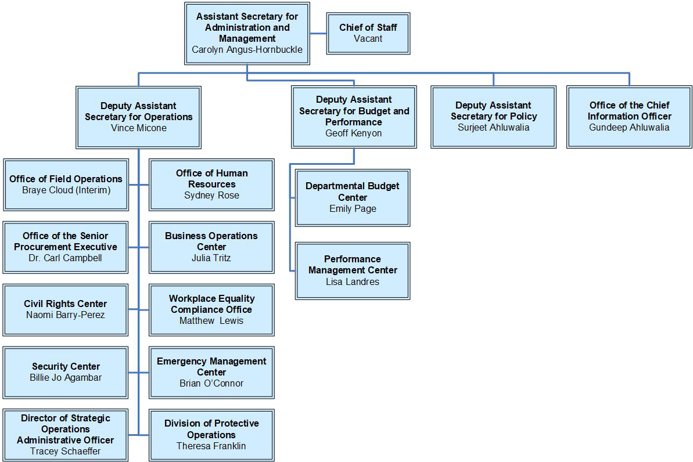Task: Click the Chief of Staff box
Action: point(368,33)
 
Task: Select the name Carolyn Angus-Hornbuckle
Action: point(247,50)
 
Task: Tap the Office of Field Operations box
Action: point(66,185)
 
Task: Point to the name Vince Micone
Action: point(138,128)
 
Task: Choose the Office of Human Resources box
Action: point(211,185)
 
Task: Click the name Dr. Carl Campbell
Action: point(65,258)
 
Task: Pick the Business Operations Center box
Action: point(211,247)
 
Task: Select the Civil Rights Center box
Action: point(66,309)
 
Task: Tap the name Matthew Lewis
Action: point(211,321)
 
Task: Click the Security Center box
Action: point(66,372)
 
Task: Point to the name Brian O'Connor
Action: point(211,384)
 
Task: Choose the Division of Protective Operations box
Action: point(211,435)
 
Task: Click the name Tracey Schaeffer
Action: point(65,451)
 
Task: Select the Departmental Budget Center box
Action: point(353,197)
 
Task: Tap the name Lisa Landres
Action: point(353,281)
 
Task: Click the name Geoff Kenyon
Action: point(354,133)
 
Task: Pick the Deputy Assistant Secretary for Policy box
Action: point(493,117)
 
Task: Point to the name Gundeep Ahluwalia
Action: point(629,128)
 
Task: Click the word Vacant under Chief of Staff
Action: point(368,39)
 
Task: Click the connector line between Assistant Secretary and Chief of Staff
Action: point(318,33)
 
